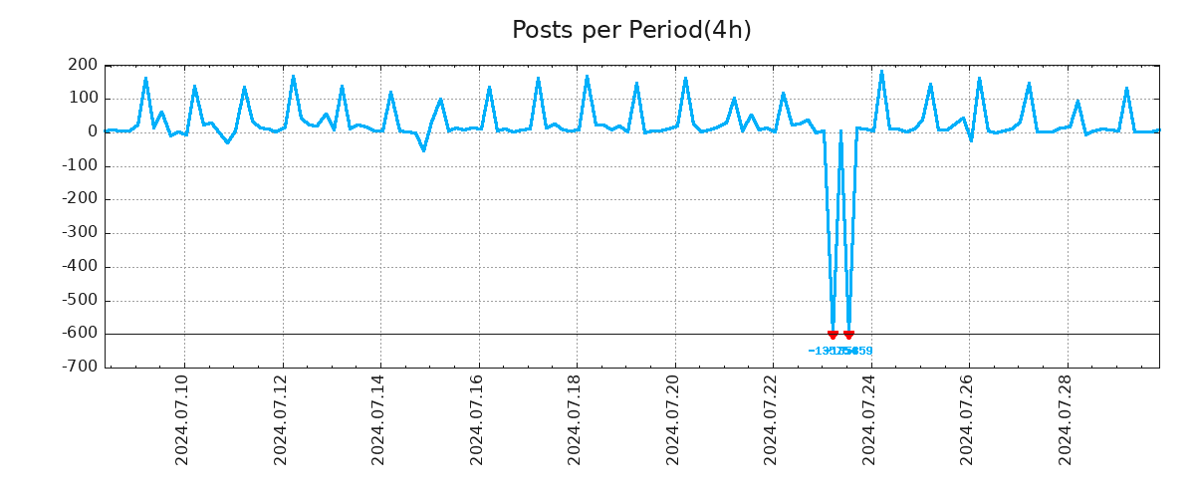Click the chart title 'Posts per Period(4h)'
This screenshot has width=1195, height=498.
[x=631, y=31]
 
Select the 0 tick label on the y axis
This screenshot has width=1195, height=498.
[x=92, y=132]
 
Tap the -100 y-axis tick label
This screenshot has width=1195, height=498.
[x=80, y=166]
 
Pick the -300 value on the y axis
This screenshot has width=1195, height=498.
[x=80, y=233]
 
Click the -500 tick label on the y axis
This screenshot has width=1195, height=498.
[x=80, y=301]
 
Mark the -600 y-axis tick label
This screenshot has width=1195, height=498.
[x=80, y=334]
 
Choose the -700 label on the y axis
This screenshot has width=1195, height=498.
[x=80, y=368]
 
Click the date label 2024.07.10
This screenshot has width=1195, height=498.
[x=182, y=419]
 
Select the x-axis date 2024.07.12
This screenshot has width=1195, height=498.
[x=281, y=419]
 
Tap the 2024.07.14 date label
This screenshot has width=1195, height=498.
[x=378, y=419]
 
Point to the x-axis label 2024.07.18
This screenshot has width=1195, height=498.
[x=576, y=419]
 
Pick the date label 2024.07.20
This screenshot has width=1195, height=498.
[x=673, y=419]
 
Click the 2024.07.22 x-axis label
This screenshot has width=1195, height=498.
[x=772, y=419]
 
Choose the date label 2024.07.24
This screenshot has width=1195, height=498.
[x=869, y=419]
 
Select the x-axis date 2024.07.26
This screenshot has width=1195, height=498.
[x=968, y=419]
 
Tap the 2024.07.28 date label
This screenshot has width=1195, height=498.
[x=1066, y=419]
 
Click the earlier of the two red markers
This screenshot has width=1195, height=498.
[x=833, y=335]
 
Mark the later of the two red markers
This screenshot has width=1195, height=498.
[x=848, y=335]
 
